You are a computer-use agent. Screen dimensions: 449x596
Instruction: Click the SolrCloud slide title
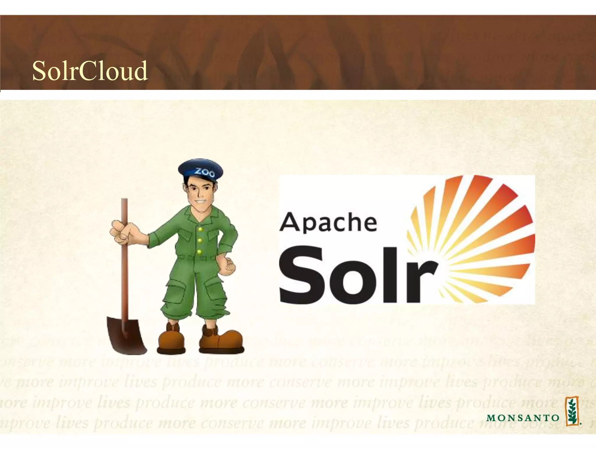(x=90, y=71)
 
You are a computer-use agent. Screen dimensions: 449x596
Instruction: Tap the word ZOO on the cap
(x=205, y=172)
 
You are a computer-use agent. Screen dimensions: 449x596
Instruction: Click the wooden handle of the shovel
(x=125, y=262)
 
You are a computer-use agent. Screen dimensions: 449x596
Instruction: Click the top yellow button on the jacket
(x=200, y=229)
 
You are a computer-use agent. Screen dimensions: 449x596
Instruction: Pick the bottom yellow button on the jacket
(x=199, y=251)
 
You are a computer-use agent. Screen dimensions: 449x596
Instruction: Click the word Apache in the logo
(x=328, y=223)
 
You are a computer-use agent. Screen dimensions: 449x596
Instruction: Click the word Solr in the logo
(x=358, y=275)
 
